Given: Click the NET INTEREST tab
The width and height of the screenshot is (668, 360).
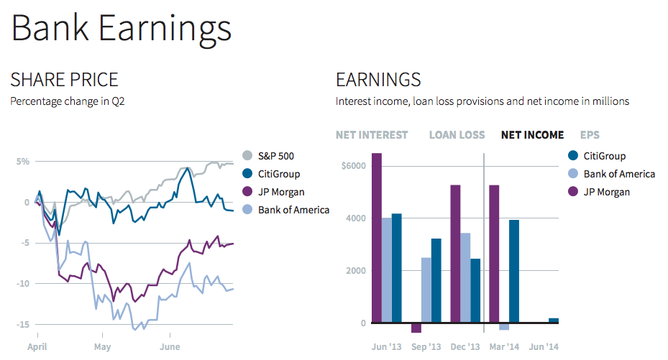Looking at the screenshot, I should coord(371,134).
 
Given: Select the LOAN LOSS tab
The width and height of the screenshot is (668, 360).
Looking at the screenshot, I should coord(457,134).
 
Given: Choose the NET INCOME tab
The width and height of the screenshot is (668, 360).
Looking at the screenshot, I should coord(532,134).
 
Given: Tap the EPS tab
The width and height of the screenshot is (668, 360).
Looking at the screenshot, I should coord(590,134).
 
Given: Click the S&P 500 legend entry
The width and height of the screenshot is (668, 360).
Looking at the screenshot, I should coord(277,156).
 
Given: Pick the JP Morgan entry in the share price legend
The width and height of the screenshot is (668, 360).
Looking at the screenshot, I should coord(281,192).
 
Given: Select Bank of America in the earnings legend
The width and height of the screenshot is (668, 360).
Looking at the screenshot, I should coord(618,174).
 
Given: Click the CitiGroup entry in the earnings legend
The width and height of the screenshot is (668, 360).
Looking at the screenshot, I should coord(604,156).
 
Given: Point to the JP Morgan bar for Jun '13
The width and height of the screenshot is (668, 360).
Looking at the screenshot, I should coord(377,238).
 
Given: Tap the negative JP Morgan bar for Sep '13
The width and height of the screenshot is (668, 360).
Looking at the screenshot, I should coord(416,328).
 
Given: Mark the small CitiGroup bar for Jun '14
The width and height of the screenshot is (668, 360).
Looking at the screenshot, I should coord(553,320).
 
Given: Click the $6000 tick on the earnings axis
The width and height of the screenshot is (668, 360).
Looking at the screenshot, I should coord(354,166).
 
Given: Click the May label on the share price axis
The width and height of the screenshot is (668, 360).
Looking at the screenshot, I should coord(103,346).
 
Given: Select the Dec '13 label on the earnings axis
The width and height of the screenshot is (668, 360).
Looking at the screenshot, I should coord(465,346).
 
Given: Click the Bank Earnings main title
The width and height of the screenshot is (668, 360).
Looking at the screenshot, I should coord(121,29).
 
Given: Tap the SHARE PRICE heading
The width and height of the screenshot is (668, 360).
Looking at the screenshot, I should coord(64,80).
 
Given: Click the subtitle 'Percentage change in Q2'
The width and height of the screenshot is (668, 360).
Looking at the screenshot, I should coord(68,101).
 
